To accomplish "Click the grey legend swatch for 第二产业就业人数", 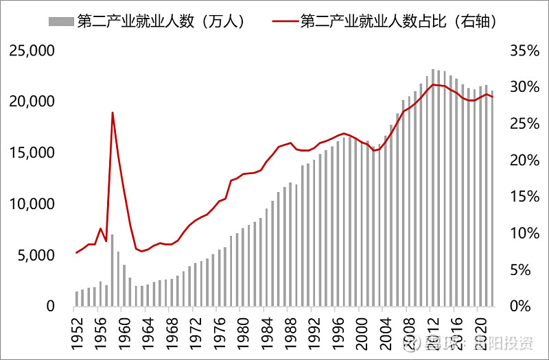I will click(x=61, y=21).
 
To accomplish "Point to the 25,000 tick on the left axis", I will click(x=31, y=51).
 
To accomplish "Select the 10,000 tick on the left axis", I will click(x=31, y=204).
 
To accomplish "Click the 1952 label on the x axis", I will click(x=76, y=329).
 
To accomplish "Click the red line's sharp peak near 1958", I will click(x=112, y=112).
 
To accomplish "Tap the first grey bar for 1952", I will click(x=77, y=299).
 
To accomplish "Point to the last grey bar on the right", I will click(x=491, y=199).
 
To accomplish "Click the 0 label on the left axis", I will click(x=49, y=307).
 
